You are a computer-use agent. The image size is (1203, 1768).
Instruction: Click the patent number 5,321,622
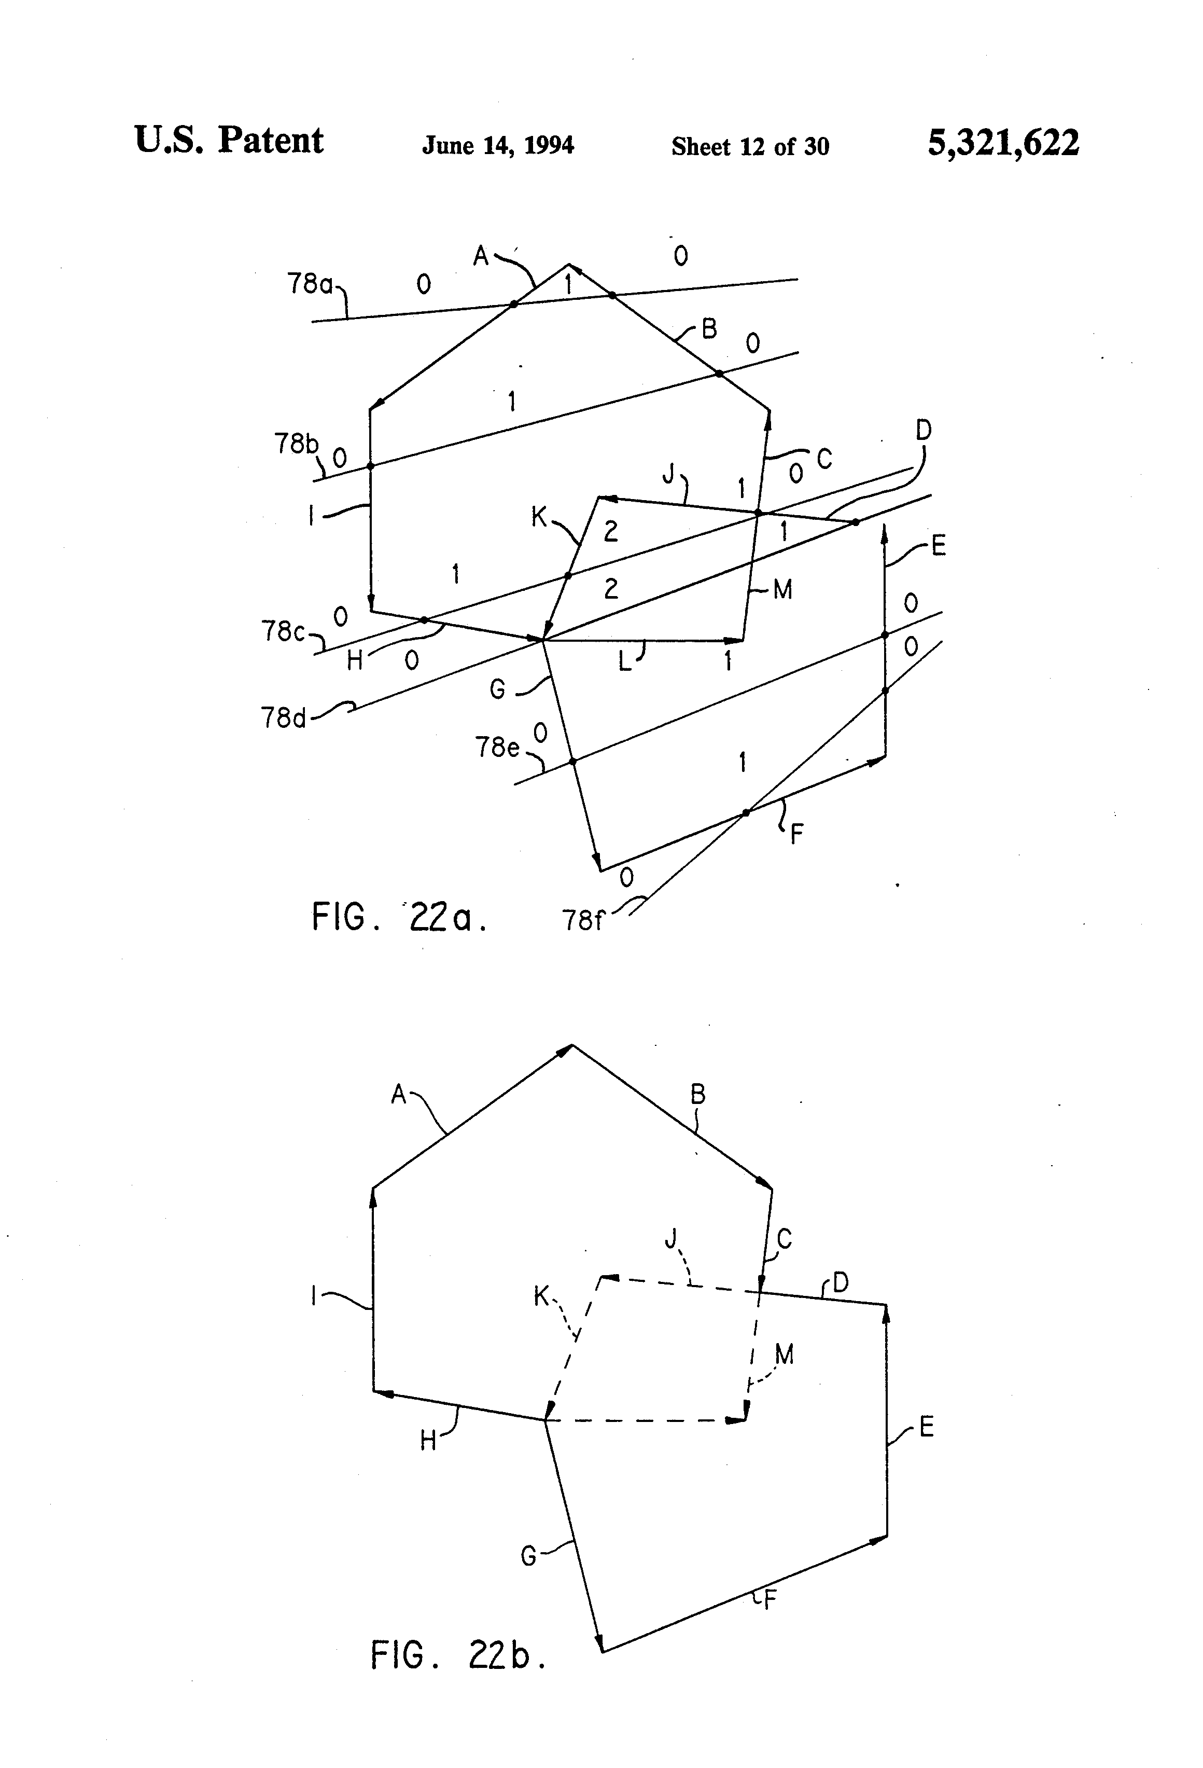click(1002, 143)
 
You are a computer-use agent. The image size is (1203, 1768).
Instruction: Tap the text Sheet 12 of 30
click(750, 146)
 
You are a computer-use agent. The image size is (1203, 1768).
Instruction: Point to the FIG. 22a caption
click(399, 918)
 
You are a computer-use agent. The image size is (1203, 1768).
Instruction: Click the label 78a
click(310, 284)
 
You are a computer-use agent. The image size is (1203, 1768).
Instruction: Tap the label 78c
click(284, 631)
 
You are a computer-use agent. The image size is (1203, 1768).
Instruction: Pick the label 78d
click(284, 717)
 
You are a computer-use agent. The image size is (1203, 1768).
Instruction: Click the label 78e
click(497, 748)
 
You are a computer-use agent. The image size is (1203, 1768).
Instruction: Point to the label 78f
click(582, 921)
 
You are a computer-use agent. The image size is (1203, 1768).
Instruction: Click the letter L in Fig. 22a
click(624, 662)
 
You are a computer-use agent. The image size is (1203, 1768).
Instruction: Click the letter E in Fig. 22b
click(926, 1427)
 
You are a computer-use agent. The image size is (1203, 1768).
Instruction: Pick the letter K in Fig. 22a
click(538, 517)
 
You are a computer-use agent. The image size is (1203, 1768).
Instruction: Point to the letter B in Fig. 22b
click(698, 1095)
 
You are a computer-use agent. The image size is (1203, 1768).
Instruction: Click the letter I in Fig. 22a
click(311, 517)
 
